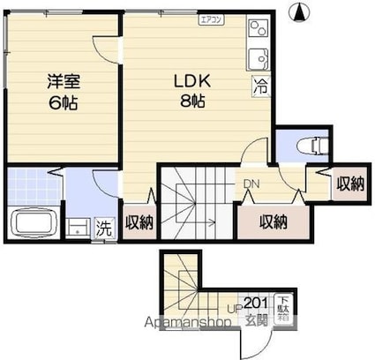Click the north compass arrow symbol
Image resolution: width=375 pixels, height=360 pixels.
point(300,12)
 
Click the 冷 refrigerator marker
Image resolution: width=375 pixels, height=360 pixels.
point(260,86)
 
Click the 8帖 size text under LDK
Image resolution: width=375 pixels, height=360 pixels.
point(192,101)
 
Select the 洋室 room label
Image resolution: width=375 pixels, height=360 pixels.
point(64,82)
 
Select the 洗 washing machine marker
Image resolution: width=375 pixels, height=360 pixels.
point(103,226)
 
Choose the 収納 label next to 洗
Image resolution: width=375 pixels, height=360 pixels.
point(139,222)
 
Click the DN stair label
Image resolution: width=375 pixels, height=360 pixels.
point(251,184)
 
